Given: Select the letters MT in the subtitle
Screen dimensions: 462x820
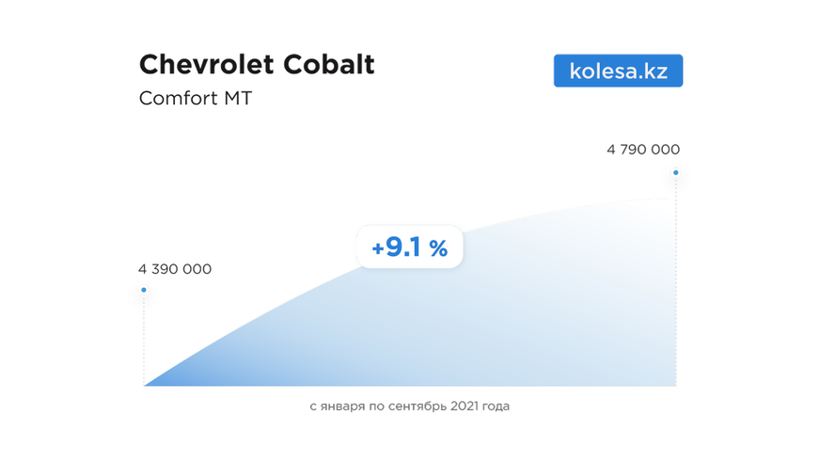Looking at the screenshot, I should pos(237,98).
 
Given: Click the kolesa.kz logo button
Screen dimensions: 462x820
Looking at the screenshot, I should pos(618,71).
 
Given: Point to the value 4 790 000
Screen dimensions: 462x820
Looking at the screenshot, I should pos(643,150).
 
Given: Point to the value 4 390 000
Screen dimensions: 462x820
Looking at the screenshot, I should pos(175,269).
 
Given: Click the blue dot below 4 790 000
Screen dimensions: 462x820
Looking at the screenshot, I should pos(675,172).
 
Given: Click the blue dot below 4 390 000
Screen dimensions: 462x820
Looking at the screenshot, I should pos(144,290).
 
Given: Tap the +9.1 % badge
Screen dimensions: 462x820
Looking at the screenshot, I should pos(409,247).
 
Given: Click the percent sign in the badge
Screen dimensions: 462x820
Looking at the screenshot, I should pos(438,248).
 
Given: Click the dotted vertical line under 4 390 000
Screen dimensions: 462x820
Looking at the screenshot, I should pos(144,339).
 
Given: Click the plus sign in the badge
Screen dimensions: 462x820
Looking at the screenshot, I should pos(378,248).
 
